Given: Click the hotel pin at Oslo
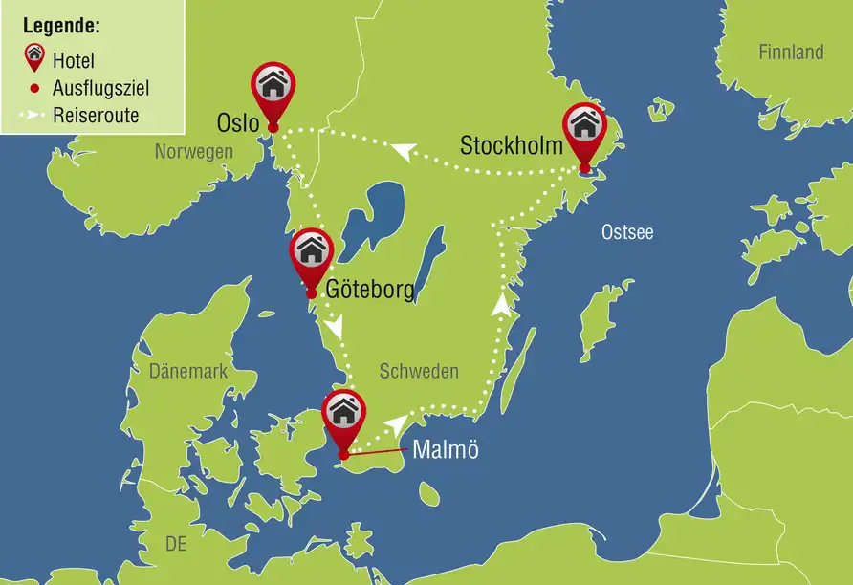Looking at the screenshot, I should pyautogui.click(x=273, y=87).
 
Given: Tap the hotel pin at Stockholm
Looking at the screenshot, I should pyautogui.click(x=584, y=128).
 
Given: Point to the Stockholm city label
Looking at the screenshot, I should pyautogui.click(x=511, y=146).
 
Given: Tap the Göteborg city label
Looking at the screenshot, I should pyautogui.click(x=370, y=290).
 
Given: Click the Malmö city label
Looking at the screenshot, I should pyautogui.click(x=445, y=450).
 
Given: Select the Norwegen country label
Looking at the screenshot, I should pyautogui.click(x=194, y=152).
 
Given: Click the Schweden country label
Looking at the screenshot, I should pyautogui.click(x=419, y=371).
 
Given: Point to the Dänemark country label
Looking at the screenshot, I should pyautogui.click(x=188, y=371).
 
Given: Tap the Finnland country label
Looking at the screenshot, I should pyautogui.click(x=791, y=53).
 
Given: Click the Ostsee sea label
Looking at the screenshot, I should pyautogui.click(x=627, y=231).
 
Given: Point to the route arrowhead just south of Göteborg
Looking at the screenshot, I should pyautogui.click(x=335, y=328).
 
